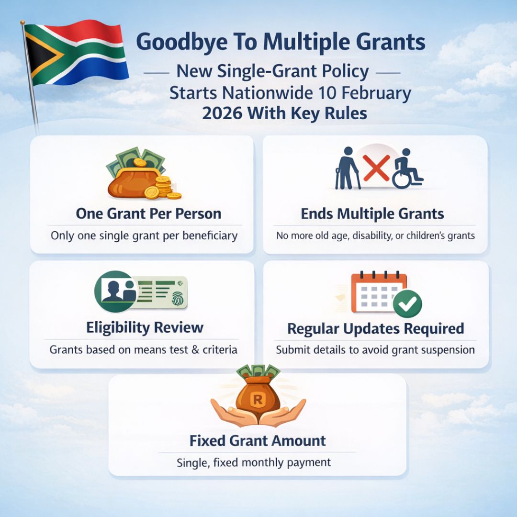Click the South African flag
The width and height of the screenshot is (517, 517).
pos(77,53)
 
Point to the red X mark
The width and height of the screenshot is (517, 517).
pos(376,168)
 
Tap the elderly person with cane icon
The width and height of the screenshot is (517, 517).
pos(346,170)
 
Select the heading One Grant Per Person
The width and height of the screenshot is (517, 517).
pos(148,214)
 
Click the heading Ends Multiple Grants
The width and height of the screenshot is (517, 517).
pos(372,214)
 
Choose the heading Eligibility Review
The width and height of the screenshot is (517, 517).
pos(145,328)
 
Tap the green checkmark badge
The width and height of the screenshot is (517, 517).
pos(407,303)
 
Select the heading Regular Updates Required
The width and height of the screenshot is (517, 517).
pos(375,329)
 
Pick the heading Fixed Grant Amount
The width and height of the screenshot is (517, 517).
pos(258,440)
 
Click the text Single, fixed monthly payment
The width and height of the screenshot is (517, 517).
pos(254,463)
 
